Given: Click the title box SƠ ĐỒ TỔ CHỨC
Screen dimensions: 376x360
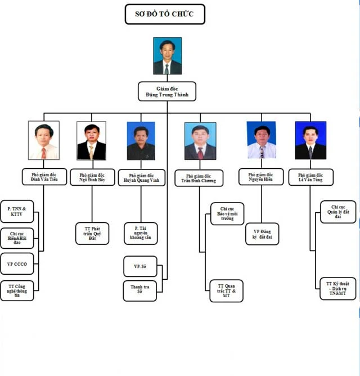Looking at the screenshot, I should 164,14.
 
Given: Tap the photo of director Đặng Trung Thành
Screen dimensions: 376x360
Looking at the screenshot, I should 167,56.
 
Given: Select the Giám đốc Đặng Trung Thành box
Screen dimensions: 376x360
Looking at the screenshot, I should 167,91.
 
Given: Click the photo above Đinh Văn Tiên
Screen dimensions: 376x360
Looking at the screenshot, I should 44,141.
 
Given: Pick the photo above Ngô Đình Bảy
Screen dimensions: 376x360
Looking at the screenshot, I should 91,141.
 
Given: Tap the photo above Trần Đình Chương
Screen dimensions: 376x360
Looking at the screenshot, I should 200,141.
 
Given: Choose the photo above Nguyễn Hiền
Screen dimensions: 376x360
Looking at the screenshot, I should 261,140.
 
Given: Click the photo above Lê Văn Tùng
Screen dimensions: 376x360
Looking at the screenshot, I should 310,140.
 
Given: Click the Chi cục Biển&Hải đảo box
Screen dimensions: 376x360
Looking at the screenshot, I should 17,238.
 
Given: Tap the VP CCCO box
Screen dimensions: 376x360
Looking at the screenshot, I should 17,263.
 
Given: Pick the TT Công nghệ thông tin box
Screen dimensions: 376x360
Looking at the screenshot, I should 17,290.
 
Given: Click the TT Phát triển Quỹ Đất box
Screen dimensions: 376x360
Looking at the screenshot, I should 92,233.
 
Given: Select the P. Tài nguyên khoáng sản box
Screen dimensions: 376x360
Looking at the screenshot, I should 141,233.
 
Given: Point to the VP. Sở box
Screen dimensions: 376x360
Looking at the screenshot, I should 140,266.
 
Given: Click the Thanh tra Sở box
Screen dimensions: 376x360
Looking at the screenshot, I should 140,290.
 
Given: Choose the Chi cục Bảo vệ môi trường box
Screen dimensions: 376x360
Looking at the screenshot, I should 227,214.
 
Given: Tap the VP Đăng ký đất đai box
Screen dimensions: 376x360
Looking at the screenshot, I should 262,234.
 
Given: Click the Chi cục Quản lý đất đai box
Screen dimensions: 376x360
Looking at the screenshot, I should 337,212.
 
